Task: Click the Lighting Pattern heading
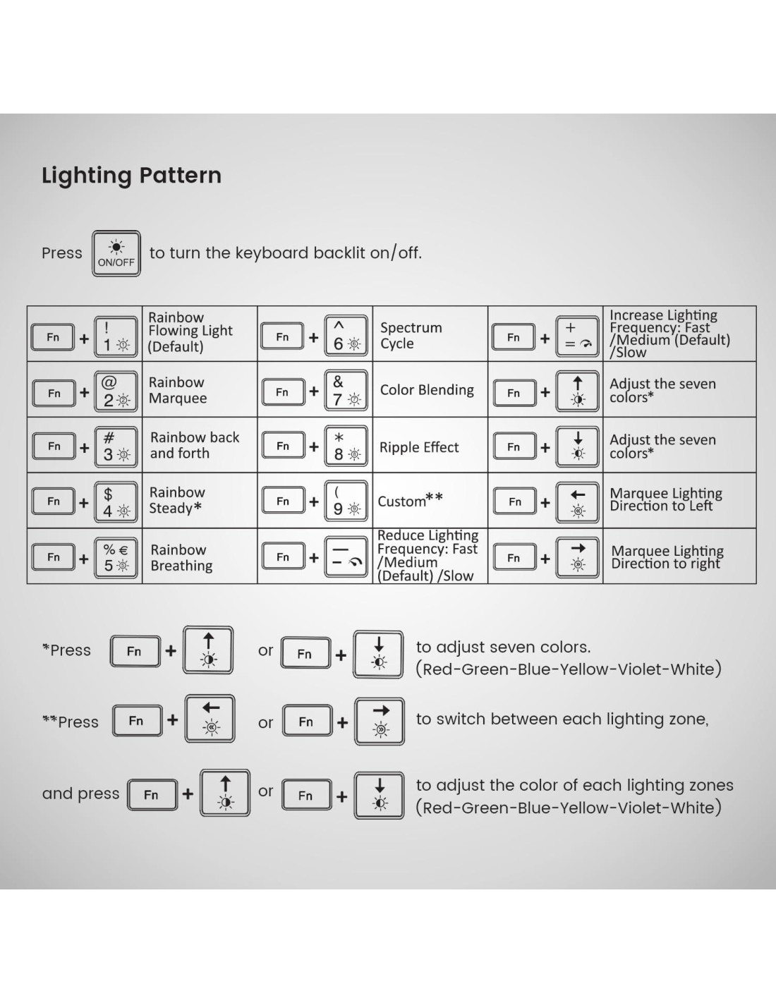pos(131,176)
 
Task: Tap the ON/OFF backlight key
pos(116,253)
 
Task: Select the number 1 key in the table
pos(115,337)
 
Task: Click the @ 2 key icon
pos(115,392)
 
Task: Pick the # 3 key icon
pos(115,446)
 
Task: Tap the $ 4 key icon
pos(115,501)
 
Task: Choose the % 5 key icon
pos(116,557)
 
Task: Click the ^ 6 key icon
pos(346,336)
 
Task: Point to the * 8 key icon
pos(346,446)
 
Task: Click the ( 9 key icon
pos(346,501)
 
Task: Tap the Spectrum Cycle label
pos(411,336)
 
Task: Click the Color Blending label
pos(427,390)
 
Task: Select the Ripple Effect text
pos(419,447)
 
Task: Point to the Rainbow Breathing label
pos(181,557)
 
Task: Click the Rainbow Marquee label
pos(178,390)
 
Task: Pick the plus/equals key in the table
pos(578,336)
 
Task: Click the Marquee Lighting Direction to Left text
pos(665,499)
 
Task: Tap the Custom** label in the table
pos(410,501)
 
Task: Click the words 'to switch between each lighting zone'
pos(562,719)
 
